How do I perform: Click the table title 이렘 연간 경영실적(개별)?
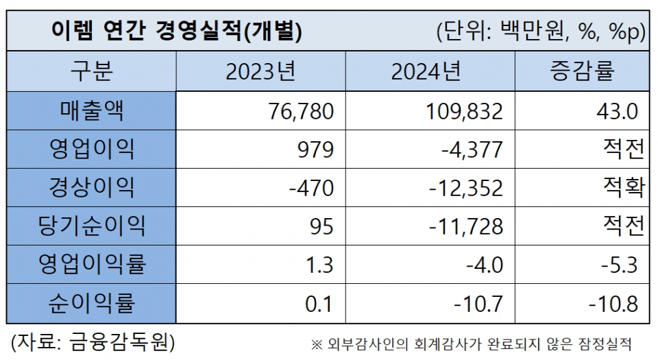[x=177, y=32]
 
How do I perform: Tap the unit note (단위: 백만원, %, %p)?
[x=541, y=32]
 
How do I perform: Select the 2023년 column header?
[x=260, y=71]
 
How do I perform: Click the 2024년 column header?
[x=426, y=71]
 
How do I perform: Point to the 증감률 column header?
[x=582, y=71]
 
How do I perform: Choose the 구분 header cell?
[x=91, y=71]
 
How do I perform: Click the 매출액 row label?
[x=91, y=110]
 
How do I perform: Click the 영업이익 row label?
[x=91, y=149]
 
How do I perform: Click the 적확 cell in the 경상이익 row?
[x=622, y=187]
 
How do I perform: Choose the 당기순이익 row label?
[x=91, y=226]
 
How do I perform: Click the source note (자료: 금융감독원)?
[x=93, y=341]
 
